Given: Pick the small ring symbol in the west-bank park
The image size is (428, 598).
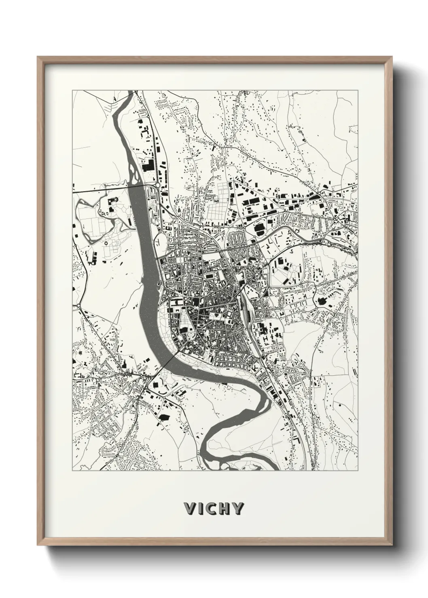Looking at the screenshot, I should [x=106, y=243].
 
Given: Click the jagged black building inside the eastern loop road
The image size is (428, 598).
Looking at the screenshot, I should [x=322, y=301].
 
